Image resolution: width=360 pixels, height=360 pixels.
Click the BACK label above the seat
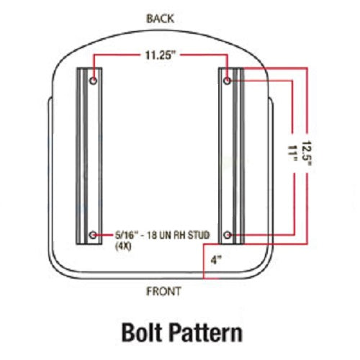(x=160, y=19)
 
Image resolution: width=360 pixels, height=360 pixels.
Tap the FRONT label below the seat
(x=163, y=291)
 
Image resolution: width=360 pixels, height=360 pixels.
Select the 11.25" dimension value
(x=159, y=55)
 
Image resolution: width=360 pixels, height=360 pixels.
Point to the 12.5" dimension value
(x=307, y=153)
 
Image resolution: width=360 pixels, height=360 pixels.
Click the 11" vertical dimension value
(x=292, y=153)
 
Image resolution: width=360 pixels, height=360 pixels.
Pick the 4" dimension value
(x=216, y=260)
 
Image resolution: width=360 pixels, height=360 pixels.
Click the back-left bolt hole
(x=93, y=80)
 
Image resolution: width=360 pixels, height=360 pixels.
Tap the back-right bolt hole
(x=227, y=81)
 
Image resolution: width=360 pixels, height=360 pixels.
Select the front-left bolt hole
(x=93, y=235)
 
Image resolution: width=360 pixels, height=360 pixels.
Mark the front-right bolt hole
(x=227, y=235)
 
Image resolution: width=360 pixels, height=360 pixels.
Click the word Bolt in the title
(x=141, y=333)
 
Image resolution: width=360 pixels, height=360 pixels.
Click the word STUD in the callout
(x=198, y=235)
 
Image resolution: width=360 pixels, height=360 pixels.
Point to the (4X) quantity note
(x=123, y=246)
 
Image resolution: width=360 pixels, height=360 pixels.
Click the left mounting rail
(x=89, y=156)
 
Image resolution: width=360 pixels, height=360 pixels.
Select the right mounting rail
(x=231, y=156)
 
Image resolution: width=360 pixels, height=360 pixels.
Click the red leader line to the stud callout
(x=105, y=235)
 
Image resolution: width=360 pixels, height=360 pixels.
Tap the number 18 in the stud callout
(x=152, y=235)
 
